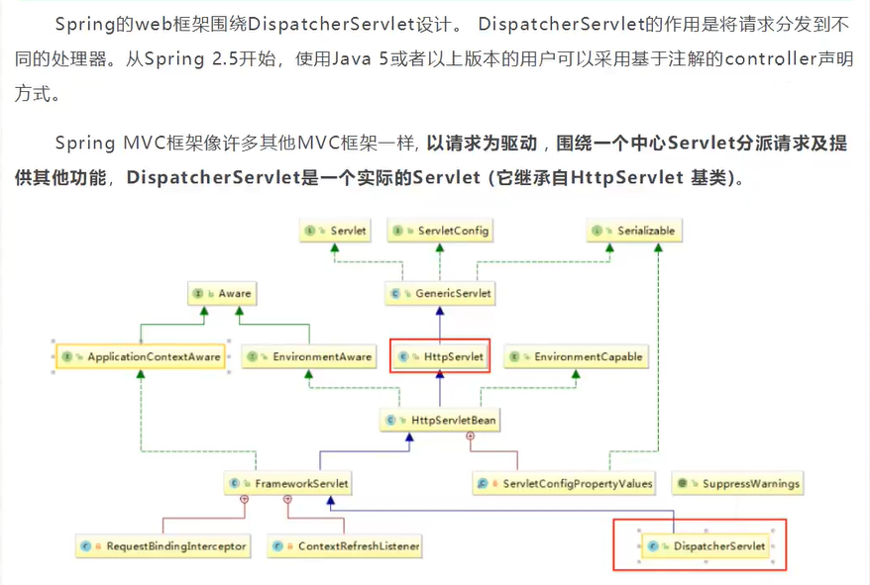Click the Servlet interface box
click(336, 231)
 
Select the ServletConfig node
click(441, 231)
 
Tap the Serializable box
click(634, 231)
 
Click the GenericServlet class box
click(441, 293)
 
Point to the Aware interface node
click(223, 293)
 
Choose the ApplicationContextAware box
click(140, 356)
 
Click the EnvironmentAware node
click(310, 356)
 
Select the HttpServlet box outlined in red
click(441, 356)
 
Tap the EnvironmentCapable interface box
click(576, 356)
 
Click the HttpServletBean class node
click(441, 421)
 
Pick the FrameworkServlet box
click(288, 484)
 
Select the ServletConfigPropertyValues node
click(566, 484)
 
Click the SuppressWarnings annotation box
click(737, 484)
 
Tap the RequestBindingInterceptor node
click(164, 545)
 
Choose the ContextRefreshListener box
click(347, 545)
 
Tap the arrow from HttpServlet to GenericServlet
click(441, 324)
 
